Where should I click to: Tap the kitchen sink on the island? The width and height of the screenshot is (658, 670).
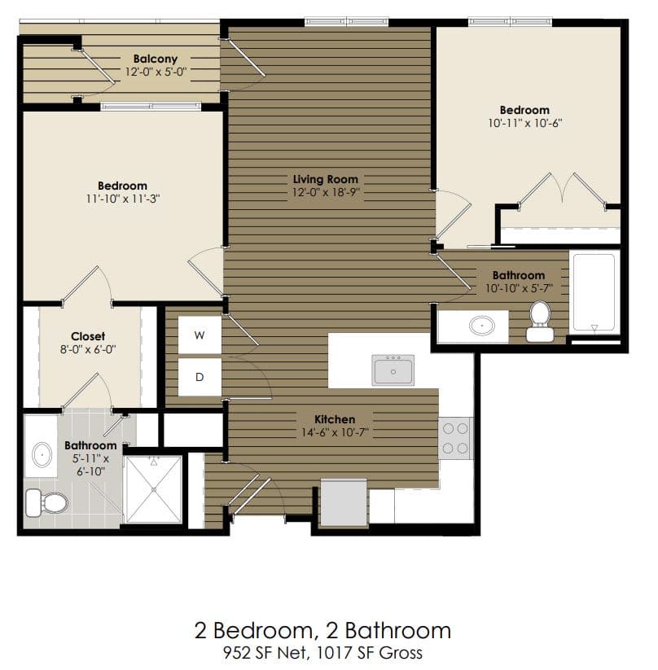pyautogui.click(x=393, y=370)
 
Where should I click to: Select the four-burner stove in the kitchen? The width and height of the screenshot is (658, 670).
pyautogui.click(x=455, y=438)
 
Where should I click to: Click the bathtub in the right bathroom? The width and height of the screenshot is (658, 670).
pyautogui.click(x=594, y=292)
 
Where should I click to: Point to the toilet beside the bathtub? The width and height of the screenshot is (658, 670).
pyautogui.click(x=539, y=321)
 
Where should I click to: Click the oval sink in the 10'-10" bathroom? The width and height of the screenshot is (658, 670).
pyautogui.click(x=482, y=326)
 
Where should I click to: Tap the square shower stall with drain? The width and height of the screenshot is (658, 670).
pyautogui.click(x=153, y=488)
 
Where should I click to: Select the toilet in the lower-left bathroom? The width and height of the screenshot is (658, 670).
pyautogui.click(x=46, y=501)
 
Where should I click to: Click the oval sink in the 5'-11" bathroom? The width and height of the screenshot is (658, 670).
pyautogui.click(x=40, y=458)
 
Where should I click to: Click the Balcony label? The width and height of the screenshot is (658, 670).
pyautogui.click(x=155, y=59)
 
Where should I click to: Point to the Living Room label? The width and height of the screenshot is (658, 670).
pyautogui.click(x=325, y=179)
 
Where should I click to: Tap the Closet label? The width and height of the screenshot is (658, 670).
pyautogui.click(x=88, y=336)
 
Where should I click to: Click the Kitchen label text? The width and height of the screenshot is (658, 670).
pyautogui.click(x=335, y=419)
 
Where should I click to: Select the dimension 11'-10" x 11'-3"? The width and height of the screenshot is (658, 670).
pyautogui.click(x=122, y=199)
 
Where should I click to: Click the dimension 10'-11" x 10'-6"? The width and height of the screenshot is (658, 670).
pyautogui.click(x=524, y=124)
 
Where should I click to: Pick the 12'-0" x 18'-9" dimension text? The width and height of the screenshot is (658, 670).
pyautogui.click(x=325, y=192)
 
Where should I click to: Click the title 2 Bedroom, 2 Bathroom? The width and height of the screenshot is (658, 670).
pyautogui.click(x=322, y=630)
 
